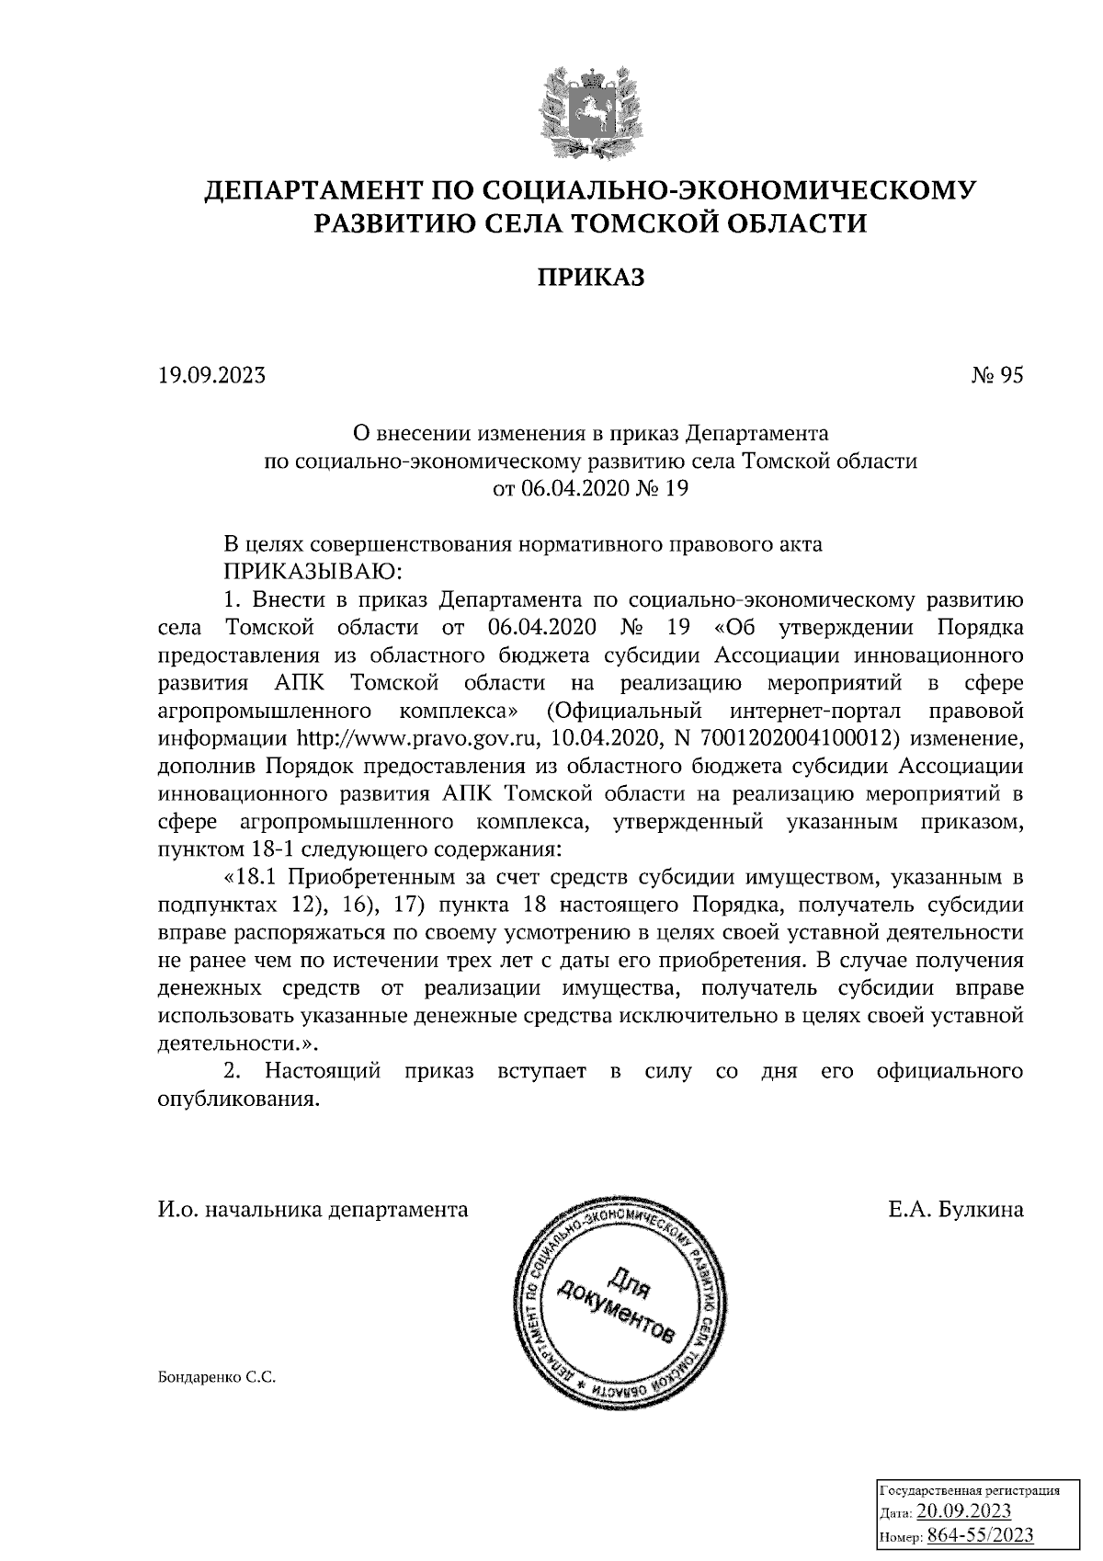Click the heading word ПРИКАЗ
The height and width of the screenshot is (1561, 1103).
point(590,278)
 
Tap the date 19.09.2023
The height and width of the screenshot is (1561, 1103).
point(211,375)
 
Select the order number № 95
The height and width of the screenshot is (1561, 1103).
point(996,375)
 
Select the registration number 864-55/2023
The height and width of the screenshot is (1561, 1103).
point(980,1534)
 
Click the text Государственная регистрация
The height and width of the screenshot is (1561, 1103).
point(971,1489)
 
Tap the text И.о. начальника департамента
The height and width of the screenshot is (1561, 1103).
point(313,1210)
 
